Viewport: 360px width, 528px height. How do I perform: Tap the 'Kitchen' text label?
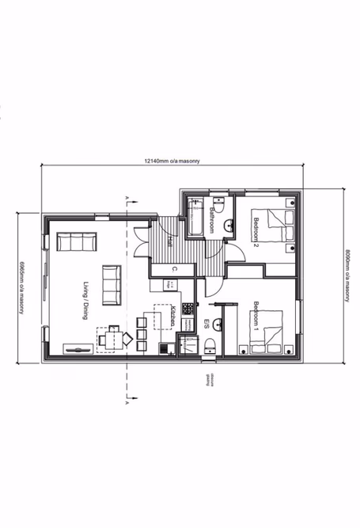pos(172,320)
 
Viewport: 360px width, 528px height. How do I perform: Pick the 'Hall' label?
pos(170,243)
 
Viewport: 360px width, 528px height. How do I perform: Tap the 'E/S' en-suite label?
pos(206,324)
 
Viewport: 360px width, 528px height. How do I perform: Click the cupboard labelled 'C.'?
pos(173,269)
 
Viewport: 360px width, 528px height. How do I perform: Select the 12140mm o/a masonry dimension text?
pos(172,161)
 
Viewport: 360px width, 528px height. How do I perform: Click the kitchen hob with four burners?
pos(188,308)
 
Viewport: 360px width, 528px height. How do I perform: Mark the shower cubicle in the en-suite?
pos(188,345)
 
